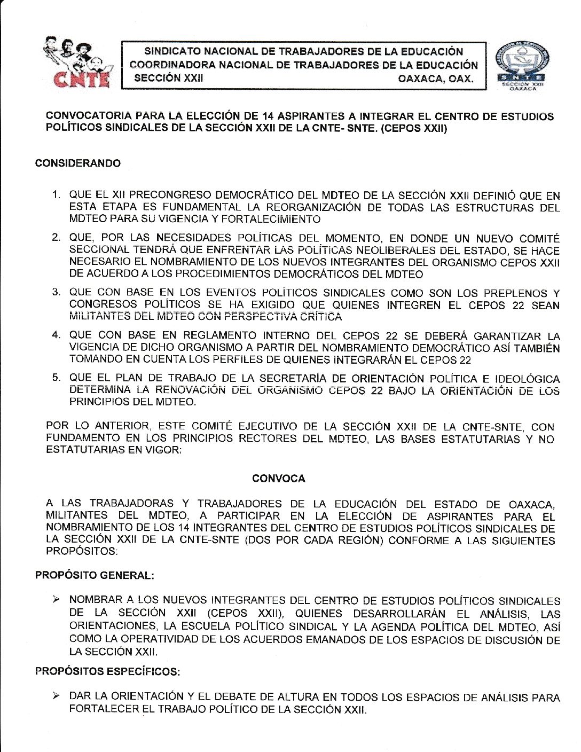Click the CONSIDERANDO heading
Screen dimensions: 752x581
tap(78, 163)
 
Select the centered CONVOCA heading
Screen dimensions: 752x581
tap(279, 479)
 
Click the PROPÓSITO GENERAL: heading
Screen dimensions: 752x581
tap(95, 576)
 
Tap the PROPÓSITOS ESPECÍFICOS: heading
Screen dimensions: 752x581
tap(107, 672)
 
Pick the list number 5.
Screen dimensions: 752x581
tap(56, 378)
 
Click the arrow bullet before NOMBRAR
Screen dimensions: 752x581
tap(56, 600)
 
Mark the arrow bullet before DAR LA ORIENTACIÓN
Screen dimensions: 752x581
tap(56, 696)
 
